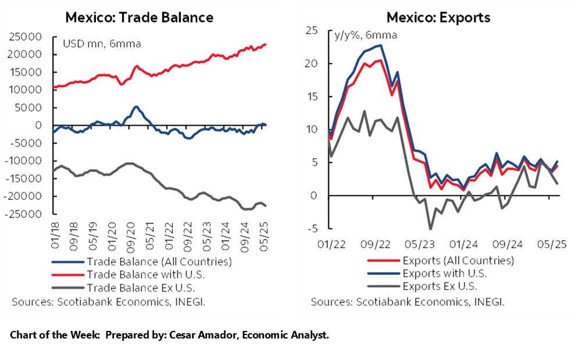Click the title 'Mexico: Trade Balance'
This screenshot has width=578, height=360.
(139, 17)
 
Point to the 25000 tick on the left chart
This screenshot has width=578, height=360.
(25, 37)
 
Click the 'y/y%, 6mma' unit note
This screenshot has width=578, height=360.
(365, 35)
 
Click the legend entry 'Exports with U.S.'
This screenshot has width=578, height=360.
(445, 273)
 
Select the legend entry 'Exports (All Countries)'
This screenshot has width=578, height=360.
(458, 261)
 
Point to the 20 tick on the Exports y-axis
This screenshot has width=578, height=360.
(314, 63)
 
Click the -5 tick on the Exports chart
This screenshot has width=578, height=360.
(314, 229)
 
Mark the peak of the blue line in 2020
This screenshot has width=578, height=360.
(135, 106)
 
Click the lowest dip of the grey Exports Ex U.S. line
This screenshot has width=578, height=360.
(430, 228)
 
